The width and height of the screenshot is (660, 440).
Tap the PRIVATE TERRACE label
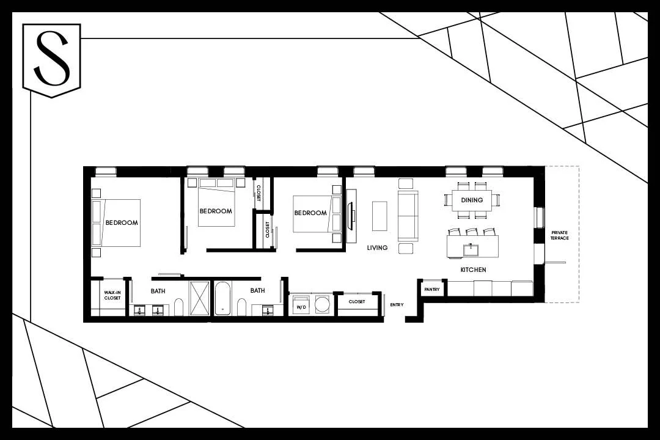click(x=559, y=235)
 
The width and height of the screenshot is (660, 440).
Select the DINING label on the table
click(x=472, y=200)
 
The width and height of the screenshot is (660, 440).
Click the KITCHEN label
click(x=473, y=269)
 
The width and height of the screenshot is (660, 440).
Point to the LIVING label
click(x=377, y=248)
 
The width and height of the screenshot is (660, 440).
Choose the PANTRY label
click(x=432, y=289)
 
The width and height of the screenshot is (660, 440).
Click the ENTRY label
click(x=396, y=304)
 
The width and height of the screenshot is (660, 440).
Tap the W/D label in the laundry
click(x=301, y=307)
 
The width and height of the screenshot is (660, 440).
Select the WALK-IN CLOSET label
click(x=112, y=296)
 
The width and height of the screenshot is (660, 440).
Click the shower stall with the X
click(x=199, y=298)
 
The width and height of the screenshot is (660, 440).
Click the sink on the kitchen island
click(x=471, y=249)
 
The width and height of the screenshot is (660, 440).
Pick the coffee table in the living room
click(x=380, y=216)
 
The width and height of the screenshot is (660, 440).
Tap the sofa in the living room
click(x=408, y=216)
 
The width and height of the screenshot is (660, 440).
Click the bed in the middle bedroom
click(x=216, y=204)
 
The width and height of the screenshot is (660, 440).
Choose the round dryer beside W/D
click(x=322, y=305)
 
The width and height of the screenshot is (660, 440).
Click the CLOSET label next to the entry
click(x=357, y=302)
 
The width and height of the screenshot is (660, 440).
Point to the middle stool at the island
click(x=471, y=232)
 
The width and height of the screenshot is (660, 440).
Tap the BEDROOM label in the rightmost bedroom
click(x=310, y=213)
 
